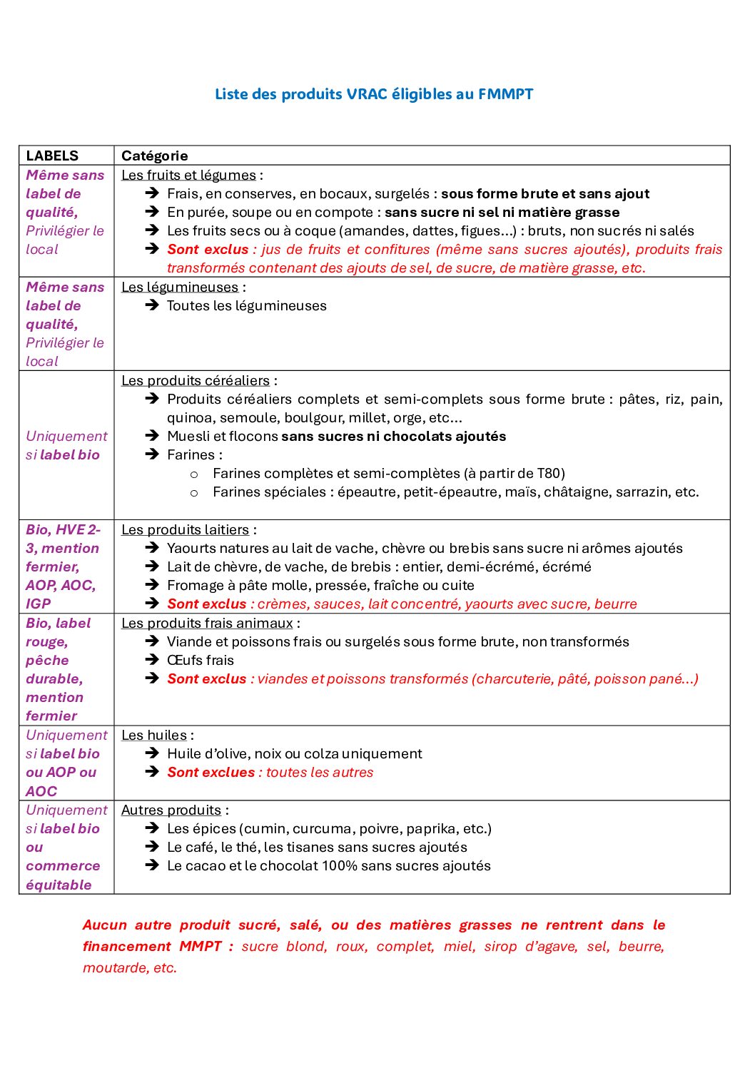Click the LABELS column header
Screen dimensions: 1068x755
52,156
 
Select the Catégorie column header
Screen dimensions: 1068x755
154,156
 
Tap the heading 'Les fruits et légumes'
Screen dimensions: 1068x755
188,175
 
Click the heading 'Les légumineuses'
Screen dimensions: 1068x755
180,287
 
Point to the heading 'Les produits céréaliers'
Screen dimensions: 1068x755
196,380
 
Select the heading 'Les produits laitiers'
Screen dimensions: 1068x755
185,529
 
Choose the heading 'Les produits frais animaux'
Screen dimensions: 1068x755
207,623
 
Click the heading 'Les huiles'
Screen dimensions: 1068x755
154,735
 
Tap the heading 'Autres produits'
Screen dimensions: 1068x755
171,810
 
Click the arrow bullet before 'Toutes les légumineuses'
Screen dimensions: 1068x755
151,305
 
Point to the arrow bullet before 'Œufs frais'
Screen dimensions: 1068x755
151,660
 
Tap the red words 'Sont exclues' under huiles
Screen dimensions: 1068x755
211,772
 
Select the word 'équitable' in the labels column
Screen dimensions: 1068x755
59,885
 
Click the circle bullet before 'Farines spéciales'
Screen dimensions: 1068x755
194,492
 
